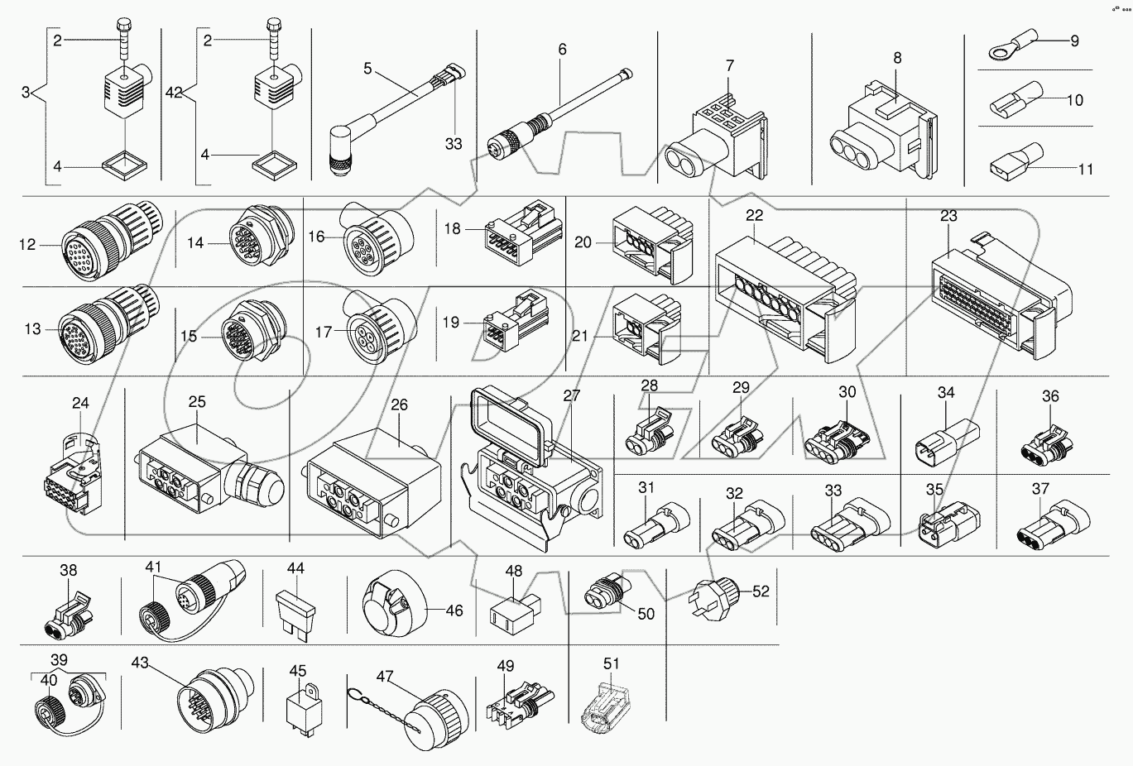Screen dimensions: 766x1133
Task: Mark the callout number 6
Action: [x=563, y=49]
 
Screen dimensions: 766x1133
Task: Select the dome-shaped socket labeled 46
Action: [x=395, y=610]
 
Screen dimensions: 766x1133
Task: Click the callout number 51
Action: [x=611, y=663]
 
